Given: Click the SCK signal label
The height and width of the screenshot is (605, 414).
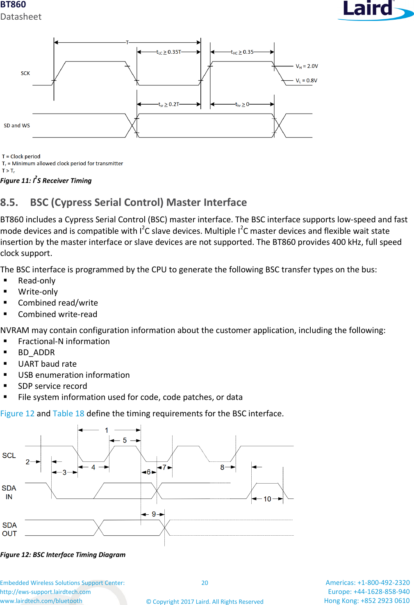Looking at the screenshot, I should [25, 73].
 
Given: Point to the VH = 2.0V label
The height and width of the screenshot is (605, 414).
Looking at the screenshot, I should [307, 66].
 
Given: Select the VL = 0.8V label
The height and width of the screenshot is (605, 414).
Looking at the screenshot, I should [306, 80].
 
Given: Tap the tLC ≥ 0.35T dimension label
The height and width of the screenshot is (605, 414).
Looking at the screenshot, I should [168, 52].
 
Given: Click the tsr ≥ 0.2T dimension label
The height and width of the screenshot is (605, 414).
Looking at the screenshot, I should [169, 105].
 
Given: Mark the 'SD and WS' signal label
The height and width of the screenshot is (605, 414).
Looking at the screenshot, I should [17, 126].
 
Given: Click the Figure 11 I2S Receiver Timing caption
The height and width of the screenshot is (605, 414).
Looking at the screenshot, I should [46, 180].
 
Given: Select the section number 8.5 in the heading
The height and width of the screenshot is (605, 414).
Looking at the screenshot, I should [9, 202].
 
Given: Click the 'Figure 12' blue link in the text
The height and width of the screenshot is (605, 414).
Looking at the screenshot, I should [17, 413].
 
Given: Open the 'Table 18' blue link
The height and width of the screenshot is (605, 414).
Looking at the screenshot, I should [68, 413].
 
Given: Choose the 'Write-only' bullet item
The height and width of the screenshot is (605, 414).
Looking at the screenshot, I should [38, 292].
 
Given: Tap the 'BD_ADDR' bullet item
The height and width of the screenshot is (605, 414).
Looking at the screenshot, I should [36, 352].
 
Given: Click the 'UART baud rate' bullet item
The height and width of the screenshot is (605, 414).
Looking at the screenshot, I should [47, 364].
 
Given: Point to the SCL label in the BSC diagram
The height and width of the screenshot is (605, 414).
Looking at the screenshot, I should [9, 456].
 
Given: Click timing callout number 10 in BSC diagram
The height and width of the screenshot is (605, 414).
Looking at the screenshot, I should [267, 499].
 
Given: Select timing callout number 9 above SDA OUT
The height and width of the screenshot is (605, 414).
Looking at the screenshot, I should [154, 514].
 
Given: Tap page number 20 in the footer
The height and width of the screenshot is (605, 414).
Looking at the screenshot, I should [205, 583].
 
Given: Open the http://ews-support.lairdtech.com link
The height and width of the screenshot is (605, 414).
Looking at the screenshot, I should [45, 592].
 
